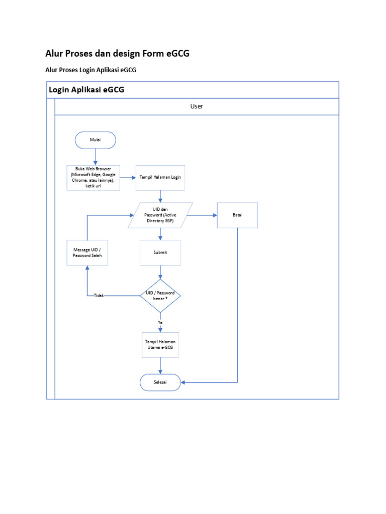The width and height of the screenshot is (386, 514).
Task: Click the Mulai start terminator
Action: coord(95,140)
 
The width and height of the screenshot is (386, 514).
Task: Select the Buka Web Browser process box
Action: coord(93,178)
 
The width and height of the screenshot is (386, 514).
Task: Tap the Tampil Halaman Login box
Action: coord(160,178)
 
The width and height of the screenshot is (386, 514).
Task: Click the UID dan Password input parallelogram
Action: coord(160,215)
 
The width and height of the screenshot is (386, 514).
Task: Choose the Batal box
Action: coord(237,215)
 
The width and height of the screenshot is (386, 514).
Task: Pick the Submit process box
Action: coord(160,252)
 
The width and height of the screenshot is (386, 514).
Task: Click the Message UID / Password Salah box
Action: coord(87,252)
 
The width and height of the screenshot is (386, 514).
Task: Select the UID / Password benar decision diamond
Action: coord(160,296)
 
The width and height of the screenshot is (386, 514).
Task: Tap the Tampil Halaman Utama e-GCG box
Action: coord(160,344)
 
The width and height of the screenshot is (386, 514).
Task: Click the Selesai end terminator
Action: coord(160,382)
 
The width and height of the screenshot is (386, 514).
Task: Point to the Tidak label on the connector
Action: coord(99,296)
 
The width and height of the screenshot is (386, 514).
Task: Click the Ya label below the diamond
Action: coord(160,322)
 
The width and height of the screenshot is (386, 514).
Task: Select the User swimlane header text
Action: coord(197,106)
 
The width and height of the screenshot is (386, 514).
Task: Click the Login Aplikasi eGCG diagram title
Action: coord(86,90)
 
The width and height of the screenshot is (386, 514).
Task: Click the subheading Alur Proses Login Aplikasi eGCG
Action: coord(91,70)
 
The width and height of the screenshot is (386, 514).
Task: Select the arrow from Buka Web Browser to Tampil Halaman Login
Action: coord(128,178)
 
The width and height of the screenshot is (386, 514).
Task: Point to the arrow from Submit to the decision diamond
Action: coord(160,272)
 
